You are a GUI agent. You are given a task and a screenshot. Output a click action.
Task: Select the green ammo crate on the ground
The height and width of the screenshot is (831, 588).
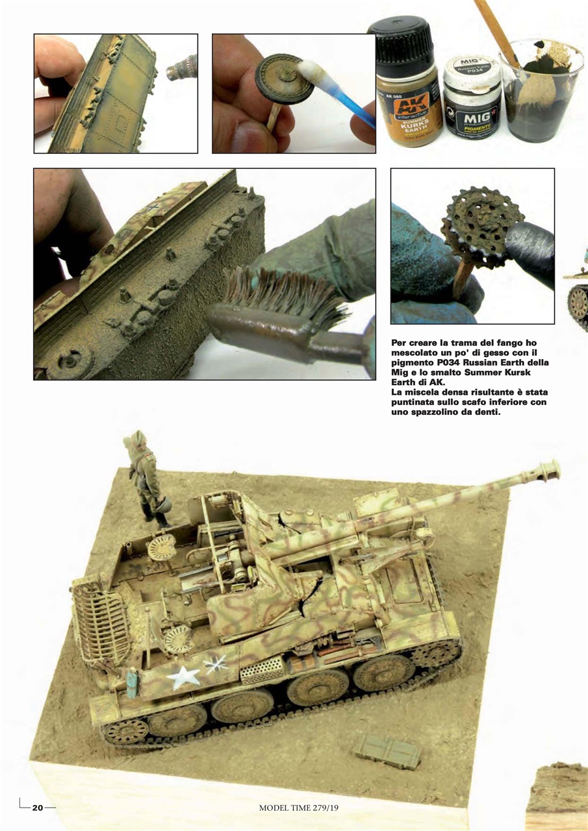click(387, 751)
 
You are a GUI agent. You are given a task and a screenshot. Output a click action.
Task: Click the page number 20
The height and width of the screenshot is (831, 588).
click(38, 808)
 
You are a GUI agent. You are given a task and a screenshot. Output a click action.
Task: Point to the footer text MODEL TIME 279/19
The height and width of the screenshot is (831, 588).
click(299, 808)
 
